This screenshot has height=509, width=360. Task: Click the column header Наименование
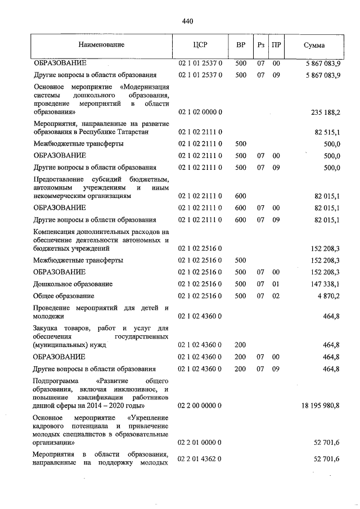coord(102,44)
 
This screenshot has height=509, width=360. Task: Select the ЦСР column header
coord(200,45)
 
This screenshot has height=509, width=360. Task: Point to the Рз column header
coord(260,45)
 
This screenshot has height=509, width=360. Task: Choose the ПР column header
coord(276,45)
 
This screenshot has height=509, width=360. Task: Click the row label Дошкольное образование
coord(73,284)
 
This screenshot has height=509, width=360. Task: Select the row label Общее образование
coord(64,296)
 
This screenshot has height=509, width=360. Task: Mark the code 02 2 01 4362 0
coord(200,460)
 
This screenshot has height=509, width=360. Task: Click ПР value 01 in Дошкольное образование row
coord(276,284)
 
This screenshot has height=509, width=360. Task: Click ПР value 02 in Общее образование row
coord(276,296)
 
